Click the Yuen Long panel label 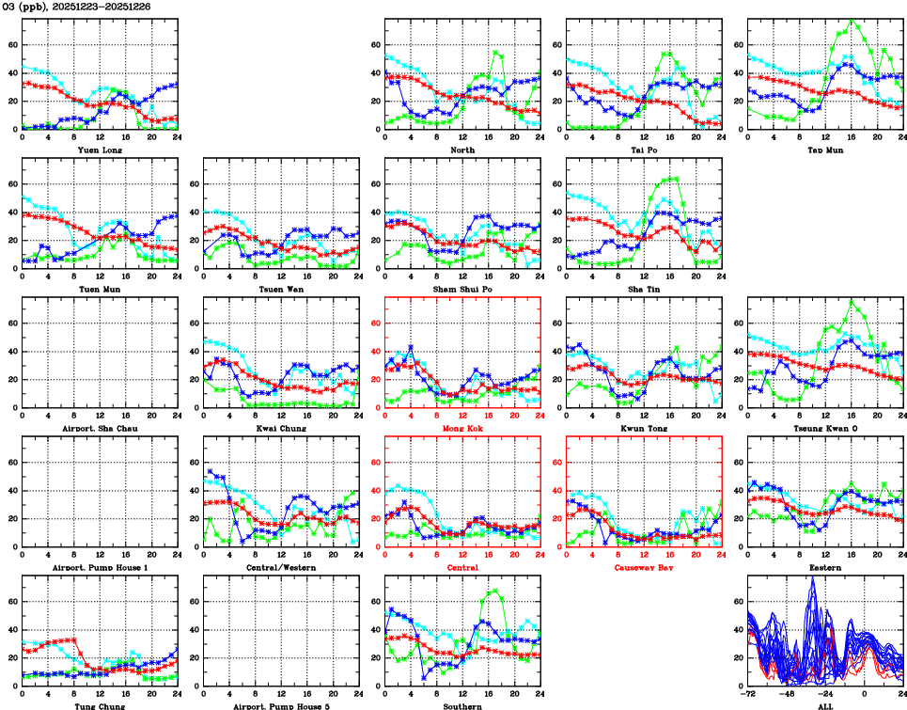100,150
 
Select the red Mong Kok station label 462,428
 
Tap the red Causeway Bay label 644,567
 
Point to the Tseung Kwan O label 825,428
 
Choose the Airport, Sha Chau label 100,428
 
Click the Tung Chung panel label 100,705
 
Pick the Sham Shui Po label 462,289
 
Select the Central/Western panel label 281,567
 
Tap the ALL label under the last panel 825,705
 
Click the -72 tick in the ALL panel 748,696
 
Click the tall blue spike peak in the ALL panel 813,577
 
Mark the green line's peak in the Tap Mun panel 852,20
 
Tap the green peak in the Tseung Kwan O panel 852,302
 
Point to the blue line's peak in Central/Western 211,472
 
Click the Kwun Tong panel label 644,428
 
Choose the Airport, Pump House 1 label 100,567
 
